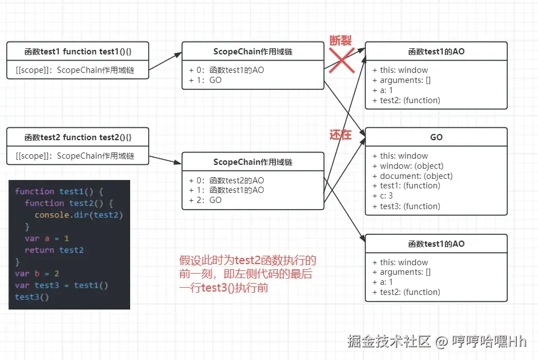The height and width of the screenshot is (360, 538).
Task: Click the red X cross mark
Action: pyautogui.click(x=342, y=60)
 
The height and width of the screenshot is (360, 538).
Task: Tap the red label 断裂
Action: pyautogui.click(x=341, y=40)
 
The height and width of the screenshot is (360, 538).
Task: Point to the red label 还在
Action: pyautogui.click(x=341, y=135)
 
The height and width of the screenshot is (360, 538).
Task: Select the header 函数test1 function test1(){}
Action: pyautogui.click(x=78, y=52)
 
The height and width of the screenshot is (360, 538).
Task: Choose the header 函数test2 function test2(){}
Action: pyautogui.click(x=78, y=137)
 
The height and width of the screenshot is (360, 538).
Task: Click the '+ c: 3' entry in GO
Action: pyautogui.click(x=383, y=196)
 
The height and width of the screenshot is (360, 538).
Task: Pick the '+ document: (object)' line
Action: pyautogui.click(x=412, y=176)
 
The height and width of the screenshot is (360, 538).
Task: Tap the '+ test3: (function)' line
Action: pyautogui.click(x=406, y=206)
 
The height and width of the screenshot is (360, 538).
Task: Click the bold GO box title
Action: pyautogui.click(x=436, y=137)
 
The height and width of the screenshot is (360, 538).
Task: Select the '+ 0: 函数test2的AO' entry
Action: pyautogui.click(x=227, y=181)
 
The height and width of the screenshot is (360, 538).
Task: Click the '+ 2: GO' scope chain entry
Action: pyautogui.click(x=205, y=200)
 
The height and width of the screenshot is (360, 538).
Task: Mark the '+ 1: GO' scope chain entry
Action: pyautogui.click(x=205, y=80)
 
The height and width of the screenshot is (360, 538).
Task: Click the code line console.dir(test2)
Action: pyautogui.click(x=79, y=215)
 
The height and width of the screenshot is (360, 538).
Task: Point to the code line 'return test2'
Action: pyautogui.click(x=54, y=250)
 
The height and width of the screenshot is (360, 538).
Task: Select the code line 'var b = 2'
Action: pyautogui.click(x=36, y=273)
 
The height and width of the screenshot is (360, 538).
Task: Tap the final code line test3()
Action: pyautogui.click(x=31, y=297)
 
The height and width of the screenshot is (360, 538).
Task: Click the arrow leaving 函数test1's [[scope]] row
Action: pyautogui.click(x=165, y=61)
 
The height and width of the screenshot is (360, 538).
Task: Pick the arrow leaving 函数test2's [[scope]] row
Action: pyautogui.click(x=165, y=160)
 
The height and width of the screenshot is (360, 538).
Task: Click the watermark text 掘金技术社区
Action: pyautogui.click(x=389, y=341)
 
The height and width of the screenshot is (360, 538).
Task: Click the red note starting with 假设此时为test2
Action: pyautogui.click(x=247, y=274)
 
